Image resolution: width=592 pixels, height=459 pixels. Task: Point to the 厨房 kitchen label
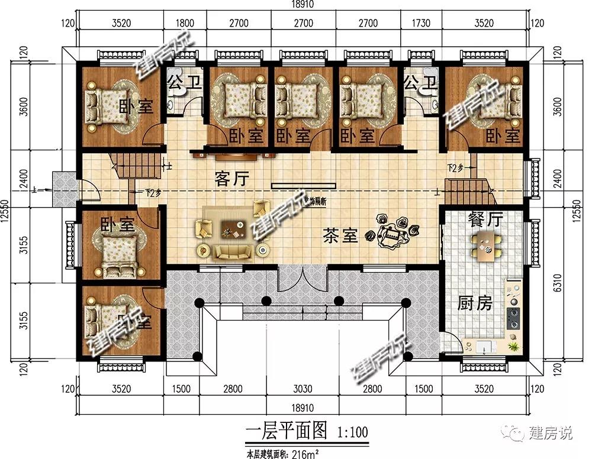tap(475, 303)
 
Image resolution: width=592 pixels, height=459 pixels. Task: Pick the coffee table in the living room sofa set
tap(233, 228)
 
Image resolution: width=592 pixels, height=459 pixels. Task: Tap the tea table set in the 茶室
tap(392, 231)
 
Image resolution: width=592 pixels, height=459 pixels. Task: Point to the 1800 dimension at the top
tap(185, 24)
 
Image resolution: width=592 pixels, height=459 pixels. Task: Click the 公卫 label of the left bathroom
tap(184, 83)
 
